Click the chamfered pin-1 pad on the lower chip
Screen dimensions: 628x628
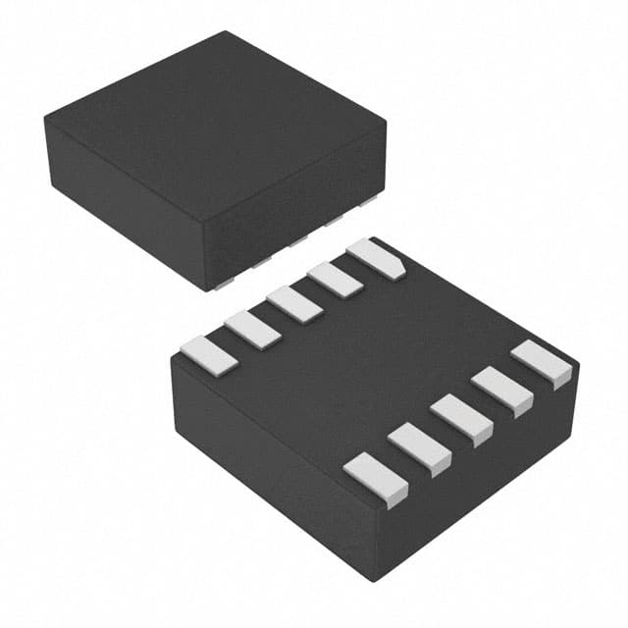(x=377, y=257)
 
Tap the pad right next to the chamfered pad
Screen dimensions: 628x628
(x=336, y=279)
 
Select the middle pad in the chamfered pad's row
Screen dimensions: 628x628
(x=294, y=303)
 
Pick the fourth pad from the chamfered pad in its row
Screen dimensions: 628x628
(x=253, y=329)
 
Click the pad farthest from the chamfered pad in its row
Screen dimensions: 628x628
(x=211, y=353)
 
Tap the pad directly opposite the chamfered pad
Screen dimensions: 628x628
(x=542, y=362)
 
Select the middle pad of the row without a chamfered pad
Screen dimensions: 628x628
(x=461, y=416)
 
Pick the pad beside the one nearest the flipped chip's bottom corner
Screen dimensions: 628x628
(x=420, y=446)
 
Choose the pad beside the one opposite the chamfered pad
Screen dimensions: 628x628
(x=502, y=389)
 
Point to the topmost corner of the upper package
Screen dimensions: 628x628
(x=228, y=32)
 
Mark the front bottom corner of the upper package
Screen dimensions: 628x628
(x=206, y=288)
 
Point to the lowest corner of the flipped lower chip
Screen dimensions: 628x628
(x=382, y=580)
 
